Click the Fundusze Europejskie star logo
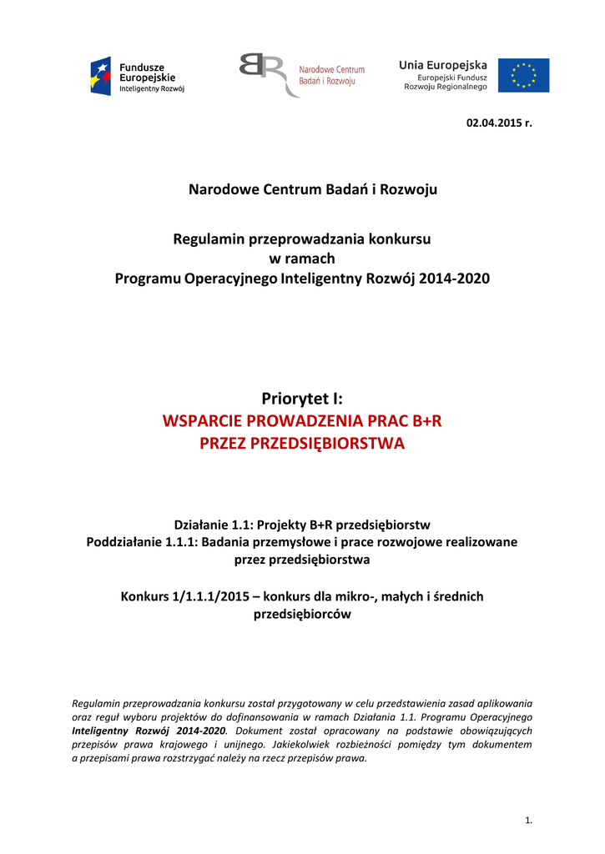click(100, 76)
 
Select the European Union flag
click(524, 75)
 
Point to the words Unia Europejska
click(443, 65)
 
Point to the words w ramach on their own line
click(302, 259)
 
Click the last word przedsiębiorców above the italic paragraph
click(302, 615)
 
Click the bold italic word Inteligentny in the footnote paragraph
click(101, 730)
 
